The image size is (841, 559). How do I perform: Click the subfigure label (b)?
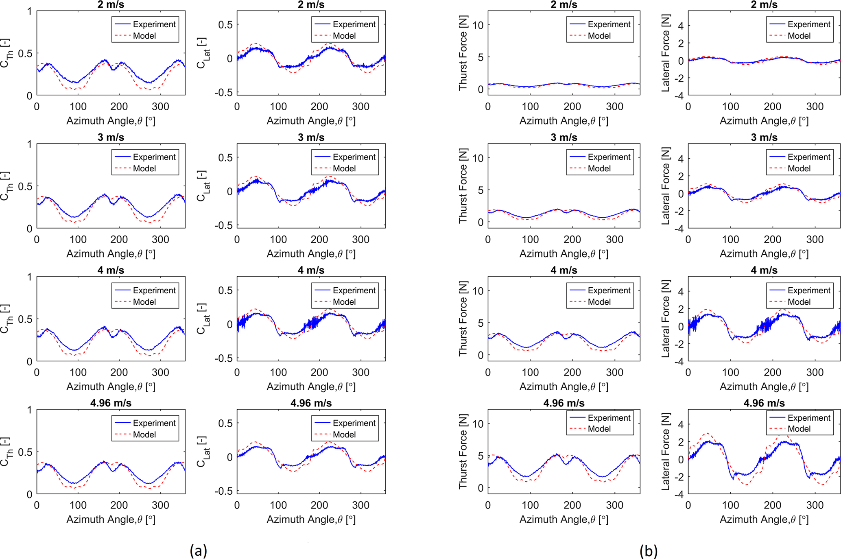[x=648, y=551]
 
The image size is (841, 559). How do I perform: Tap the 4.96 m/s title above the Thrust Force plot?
[x=564, y=403]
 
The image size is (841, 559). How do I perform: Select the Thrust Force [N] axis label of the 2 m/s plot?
[x=463, y=53]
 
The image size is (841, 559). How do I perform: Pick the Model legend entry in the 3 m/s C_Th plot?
[x=144, y=168]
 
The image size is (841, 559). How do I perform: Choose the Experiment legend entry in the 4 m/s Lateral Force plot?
[x=808, y=290]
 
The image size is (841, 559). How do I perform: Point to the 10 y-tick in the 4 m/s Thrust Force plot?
[x=478, y=291]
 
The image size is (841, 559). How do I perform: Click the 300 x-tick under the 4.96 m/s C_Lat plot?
[x=360, y=505]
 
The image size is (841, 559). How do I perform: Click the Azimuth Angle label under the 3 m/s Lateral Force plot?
[x=764, y=254]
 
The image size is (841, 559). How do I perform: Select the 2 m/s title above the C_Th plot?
[x=111, y=5]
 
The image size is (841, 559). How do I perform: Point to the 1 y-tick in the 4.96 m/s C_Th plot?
[x=29, y=410]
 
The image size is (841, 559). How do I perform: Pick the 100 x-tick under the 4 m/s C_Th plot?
[x=78, y=372]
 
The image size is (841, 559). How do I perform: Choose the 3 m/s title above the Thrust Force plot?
[x=564, y=138]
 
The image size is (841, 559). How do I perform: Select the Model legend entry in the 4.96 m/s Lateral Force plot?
[x=799, y=429]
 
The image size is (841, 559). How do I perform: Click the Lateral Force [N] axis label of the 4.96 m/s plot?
[x=665, y=452]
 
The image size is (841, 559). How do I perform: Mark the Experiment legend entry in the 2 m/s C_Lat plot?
[x=354, y=24]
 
